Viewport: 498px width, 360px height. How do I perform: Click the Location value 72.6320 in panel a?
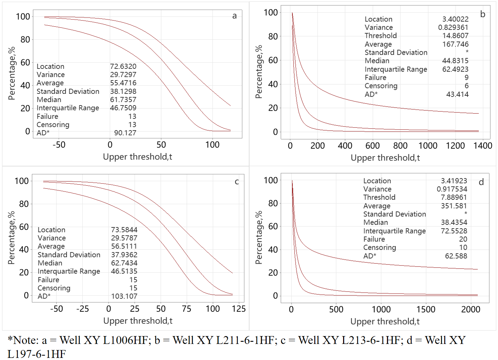(123, 66)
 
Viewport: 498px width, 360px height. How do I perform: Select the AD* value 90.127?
(125, 133)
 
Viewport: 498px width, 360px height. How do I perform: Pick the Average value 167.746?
(455, 44)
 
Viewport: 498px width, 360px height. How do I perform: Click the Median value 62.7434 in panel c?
(124, 263)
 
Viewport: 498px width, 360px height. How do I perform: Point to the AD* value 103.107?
(124, 296)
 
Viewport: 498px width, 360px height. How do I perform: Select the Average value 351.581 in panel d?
(454, 206)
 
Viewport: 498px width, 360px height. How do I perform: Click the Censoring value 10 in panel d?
(463, 247)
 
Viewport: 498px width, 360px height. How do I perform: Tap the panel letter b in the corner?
(483, 14)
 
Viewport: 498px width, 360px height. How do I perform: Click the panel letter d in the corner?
(481, 182)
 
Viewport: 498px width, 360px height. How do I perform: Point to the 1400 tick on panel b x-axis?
(483, 146)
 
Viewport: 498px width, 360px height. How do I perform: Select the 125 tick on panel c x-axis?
(239, 309)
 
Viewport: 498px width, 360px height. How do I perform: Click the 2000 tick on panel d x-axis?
(471, 309)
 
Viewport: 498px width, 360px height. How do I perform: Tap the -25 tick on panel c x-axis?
(82, 309)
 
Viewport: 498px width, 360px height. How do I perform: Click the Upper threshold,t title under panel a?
(137, 157)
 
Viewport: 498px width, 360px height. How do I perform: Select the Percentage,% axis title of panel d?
(259, 237)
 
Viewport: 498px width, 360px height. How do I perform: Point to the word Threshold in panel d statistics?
(379, 197)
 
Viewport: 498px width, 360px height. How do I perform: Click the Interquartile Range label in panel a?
(68, 108)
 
